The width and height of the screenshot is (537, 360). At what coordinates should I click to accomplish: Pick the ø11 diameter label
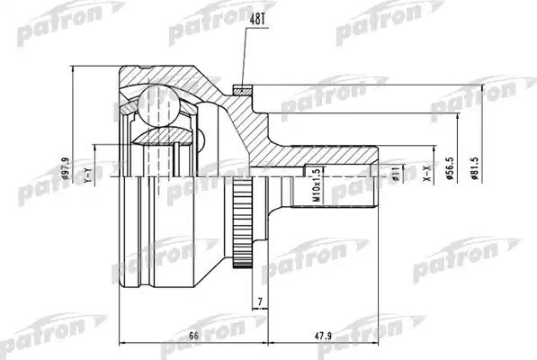coord(394,172)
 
